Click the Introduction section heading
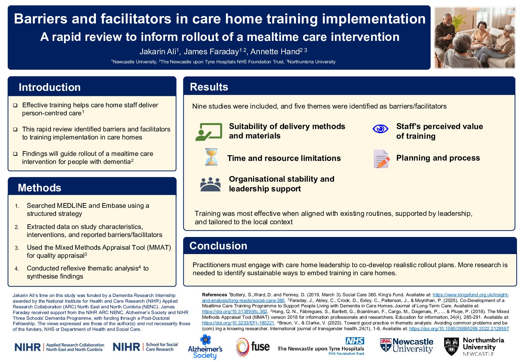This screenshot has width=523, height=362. [50, 87]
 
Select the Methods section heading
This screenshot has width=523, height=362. [40, 188]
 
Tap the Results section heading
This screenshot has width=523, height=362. [209, 87]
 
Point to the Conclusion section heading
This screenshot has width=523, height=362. [218, 246]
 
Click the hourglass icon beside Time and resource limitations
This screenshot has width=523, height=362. [211, 157]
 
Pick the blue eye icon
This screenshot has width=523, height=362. [380, 129]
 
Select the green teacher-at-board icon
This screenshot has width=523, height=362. [209, 131]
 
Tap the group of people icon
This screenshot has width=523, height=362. [210, 184]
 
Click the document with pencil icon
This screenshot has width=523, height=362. [381, 159]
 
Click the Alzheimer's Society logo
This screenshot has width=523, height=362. [205, 347]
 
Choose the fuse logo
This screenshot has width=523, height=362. [253, 347]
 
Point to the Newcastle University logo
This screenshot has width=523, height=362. [406, 345]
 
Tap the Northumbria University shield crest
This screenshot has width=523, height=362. [451, 346]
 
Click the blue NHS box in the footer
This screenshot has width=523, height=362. [355, 341]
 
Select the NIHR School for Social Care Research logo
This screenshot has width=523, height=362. [145, 347]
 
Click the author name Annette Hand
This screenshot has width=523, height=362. [275, 52]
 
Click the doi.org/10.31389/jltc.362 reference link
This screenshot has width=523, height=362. [234, 311]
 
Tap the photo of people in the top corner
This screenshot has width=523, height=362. [474, 38]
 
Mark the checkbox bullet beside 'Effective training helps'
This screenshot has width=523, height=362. [15, 105]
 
